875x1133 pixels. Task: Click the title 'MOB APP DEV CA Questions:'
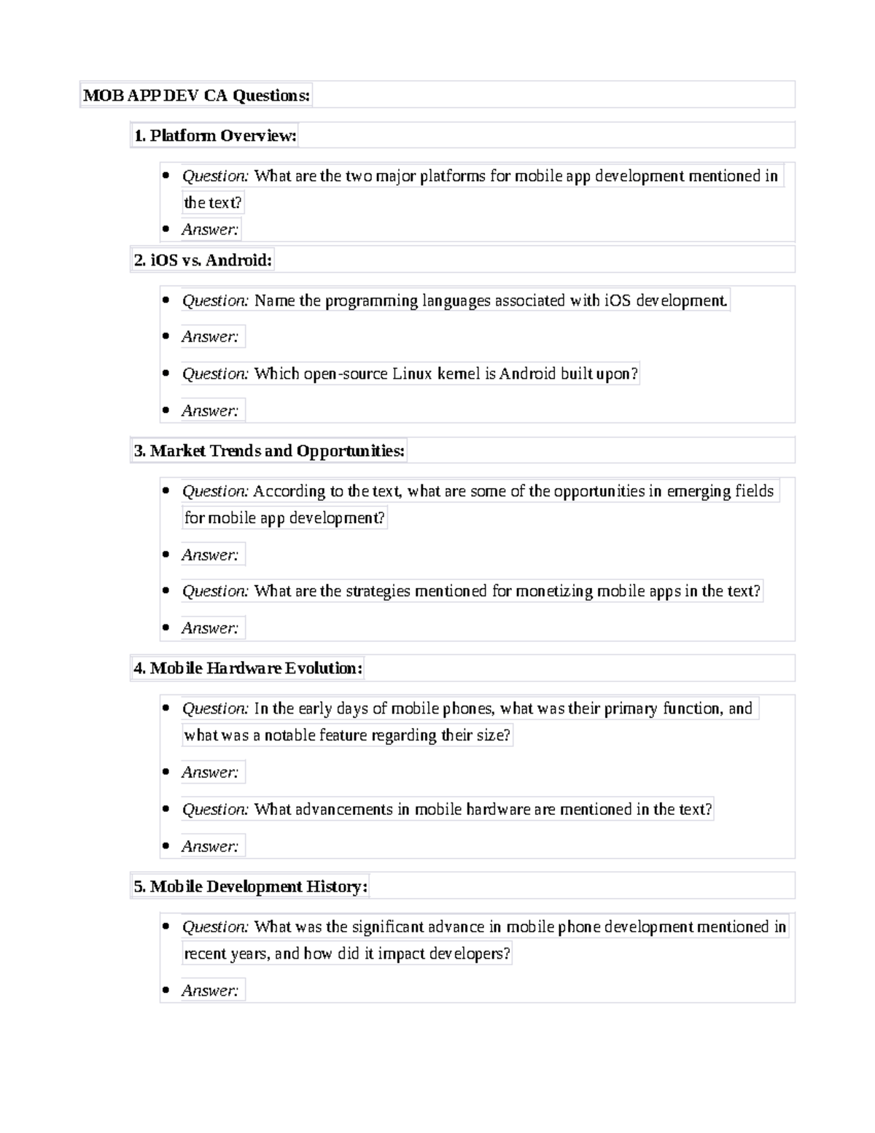[196, 96]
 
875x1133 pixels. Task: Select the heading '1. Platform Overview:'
[214, 136]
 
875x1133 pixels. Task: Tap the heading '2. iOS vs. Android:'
[203, 260]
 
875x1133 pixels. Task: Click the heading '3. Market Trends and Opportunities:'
[268, 451]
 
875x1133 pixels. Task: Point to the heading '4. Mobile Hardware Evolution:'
[247, 668]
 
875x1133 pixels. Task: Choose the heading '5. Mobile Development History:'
[249, 886]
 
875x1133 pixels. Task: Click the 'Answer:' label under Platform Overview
[210, 230]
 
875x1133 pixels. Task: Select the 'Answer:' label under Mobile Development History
[210, 991]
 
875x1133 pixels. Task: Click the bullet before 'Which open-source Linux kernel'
[166, 374]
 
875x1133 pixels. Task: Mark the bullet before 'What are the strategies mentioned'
[166, 591]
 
